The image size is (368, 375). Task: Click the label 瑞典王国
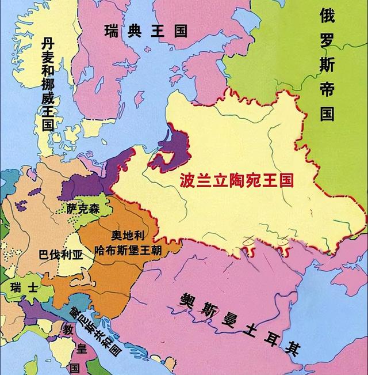click(x=145, y=31)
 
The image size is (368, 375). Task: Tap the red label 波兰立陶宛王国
click(x=236, y=181)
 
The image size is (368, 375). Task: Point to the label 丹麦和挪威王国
click(x=47, y=84)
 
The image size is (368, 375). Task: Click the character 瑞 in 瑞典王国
click(x=111, y=31)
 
